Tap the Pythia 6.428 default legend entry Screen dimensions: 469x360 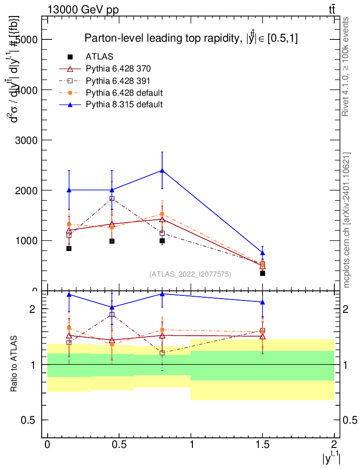pos(124,93)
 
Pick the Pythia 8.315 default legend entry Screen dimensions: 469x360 pos(124,104)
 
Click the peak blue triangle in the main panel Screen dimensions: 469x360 pos(162,170)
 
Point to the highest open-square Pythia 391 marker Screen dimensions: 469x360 pos(112,198)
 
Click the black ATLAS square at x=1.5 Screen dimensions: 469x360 pos(262,273)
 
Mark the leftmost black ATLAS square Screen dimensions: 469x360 pos(69,248)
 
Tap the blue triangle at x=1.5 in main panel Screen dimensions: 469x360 pos(262,253)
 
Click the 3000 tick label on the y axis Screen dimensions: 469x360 pos(27,140)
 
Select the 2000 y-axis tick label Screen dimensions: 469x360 pos(27,190)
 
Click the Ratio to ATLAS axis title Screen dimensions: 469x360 pos(14,364)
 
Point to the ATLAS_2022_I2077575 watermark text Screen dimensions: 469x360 pos(190,274)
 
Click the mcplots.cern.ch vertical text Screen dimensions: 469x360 pos(347,220)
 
